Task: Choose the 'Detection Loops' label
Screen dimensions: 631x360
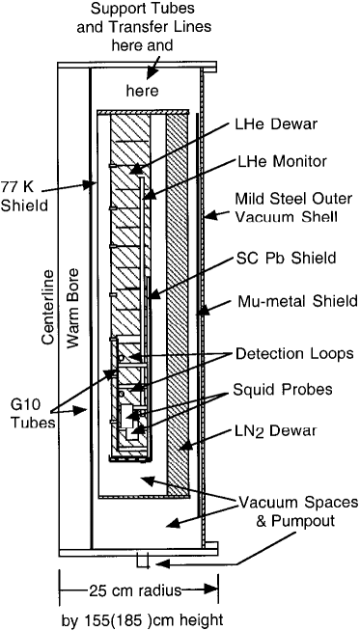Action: [289, 353]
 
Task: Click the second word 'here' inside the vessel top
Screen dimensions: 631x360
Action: [147, 91]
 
